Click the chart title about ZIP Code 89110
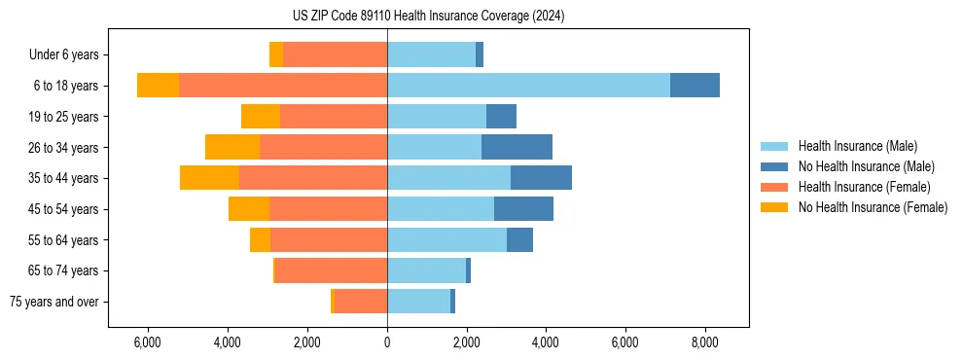click(x=428, y=17)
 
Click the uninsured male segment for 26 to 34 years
click(x=517, y=147)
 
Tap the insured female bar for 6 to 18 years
click(x=283, y=86)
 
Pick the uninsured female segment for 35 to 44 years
click(x=209, y=178)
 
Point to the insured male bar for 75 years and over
click(x=418, y=302)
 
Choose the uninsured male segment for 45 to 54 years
click(x=523, y=209)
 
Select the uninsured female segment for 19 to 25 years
click(x=261, y=117)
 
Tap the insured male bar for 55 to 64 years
click(x=446, y=239)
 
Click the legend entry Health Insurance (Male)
click(x=857, y=146)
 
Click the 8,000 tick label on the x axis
click(x=704, y=342)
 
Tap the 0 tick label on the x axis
click(x=387, y=342)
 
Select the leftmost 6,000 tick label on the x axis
click(x=147, y=342)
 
